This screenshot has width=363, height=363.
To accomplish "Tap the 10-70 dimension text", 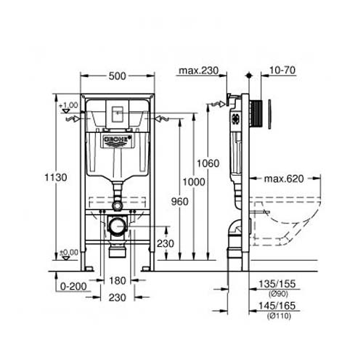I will [282, 70].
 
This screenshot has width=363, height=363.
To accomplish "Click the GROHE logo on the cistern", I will [116, 139].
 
